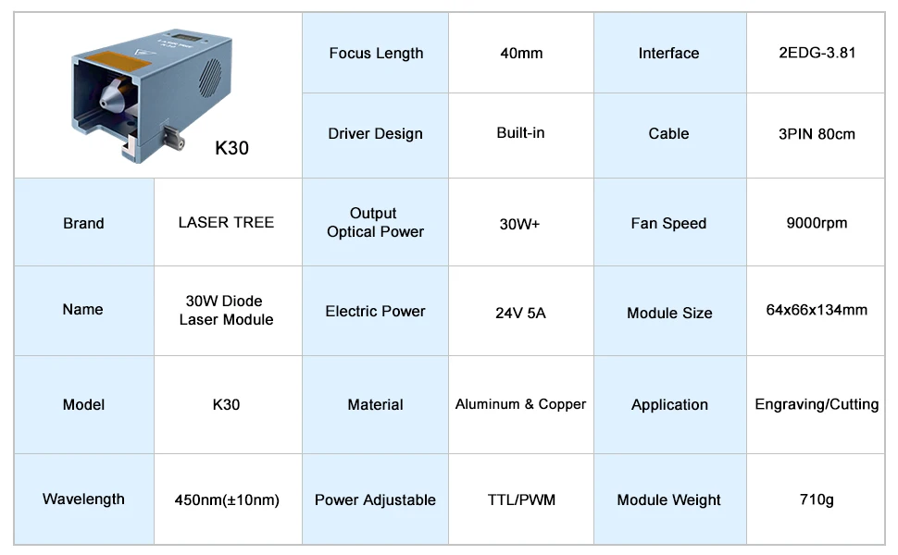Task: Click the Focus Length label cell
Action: pos(376,54)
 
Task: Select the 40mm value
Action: pos(521,54)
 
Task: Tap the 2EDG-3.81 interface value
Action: pos(817,53)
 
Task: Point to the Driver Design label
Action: pos(375,134)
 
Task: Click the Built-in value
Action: pos(520,133)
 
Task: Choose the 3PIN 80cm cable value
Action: pos(817,134)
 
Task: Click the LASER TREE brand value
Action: pos(226,222)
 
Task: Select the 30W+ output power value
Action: pos(519,224)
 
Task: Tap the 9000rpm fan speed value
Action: pos(817,223)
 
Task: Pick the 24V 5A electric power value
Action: pos(520,313)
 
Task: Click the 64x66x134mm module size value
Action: pos(817,310)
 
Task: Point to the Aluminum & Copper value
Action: pos(520,404)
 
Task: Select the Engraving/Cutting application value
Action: pos(817,404)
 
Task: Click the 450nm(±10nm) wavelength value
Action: pos(227,500)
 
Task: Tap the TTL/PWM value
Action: pos(521,500)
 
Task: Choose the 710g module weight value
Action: pos(817,499)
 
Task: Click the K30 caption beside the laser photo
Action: pos(231,148)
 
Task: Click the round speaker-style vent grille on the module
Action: pos(209,78)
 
